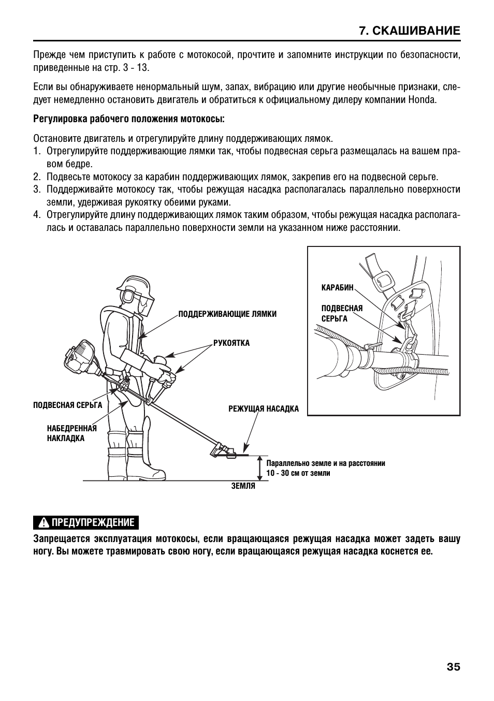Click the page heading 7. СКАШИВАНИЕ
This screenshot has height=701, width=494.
pos(409,31)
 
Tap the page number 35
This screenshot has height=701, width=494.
pos(453,667)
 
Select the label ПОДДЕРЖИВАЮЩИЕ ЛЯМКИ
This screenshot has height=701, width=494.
pos(227,314)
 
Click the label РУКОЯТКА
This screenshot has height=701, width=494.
pos(231,343)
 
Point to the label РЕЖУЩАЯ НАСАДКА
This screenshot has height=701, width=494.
pos(264,409)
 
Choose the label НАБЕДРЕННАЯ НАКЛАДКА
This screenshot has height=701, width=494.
pos(71,433)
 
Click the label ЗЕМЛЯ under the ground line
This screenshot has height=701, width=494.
pos(243,486)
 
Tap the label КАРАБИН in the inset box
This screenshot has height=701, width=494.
pos(337,287)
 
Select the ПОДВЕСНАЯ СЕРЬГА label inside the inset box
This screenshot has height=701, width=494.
pos(342,313)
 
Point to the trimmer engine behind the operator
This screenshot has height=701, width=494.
pos(80,360)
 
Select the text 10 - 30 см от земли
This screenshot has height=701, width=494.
pos(298,473)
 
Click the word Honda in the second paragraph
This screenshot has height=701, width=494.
pos(423,99)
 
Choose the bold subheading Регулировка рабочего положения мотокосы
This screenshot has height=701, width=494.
pos(129,119)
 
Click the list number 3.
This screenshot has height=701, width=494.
pos(37,189)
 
